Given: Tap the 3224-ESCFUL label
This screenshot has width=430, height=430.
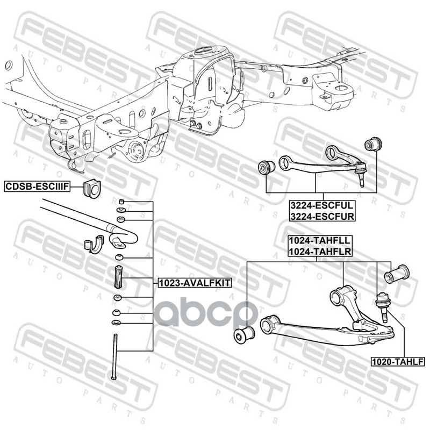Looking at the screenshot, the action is [321, 205].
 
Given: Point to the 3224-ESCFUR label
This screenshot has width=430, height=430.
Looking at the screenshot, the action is [321, 216].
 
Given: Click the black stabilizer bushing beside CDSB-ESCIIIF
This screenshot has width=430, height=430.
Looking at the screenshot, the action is [93, 189].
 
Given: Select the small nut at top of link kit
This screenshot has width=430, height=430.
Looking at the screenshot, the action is [122, 202].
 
